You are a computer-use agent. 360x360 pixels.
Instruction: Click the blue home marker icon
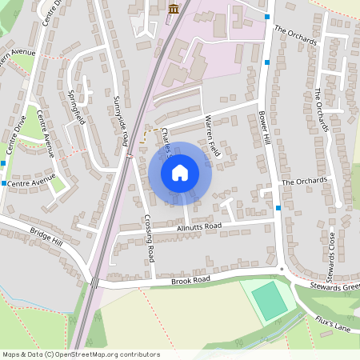pos(180,173)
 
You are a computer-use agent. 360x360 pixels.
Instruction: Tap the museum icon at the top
pos(174,8)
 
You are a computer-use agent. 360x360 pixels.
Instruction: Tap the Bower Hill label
pos(264,126)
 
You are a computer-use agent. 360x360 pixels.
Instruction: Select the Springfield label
pos(78,103)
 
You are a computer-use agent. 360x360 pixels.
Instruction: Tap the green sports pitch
pos(270,301)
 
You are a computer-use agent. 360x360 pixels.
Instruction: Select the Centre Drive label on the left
pos(16,134)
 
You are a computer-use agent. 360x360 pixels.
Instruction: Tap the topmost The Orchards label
pos(295,36)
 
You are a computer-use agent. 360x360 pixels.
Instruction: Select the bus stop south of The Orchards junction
pos(278,208)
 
